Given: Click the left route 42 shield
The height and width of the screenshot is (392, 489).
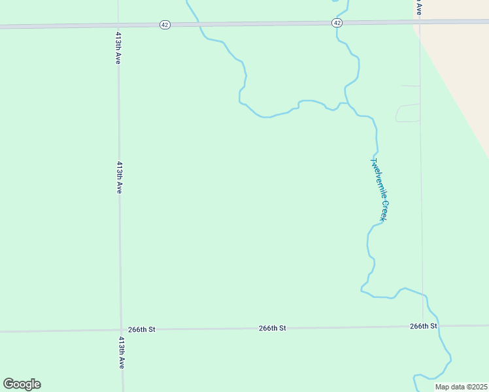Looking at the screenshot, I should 165,24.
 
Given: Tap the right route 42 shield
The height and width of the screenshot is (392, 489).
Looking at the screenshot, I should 337,23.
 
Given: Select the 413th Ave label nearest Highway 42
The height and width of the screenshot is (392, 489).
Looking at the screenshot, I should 118,47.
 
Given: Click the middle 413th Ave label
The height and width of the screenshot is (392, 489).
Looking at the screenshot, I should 120,177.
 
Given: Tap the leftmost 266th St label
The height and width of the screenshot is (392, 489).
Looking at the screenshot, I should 142,329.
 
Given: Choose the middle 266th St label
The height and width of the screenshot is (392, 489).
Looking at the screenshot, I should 272,328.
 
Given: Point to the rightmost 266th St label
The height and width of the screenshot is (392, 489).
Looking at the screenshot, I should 424,325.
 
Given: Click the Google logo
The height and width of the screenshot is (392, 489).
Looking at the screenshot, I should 22,384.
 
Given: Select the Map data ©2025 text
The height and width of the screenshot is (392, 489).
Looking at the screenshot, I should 461,387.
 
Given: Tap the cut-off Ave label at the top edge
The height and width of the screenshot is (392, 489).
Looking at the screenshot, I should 418,8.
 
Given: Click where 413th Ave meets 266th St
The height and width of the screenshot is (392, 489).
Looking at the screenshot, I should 121,330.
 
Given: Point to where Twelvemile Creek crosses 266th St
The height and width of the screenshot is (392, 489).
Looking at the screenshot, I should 439,325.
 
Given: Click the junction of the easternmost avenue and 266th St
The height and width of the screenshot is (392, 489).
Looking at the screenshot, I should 422,325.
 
